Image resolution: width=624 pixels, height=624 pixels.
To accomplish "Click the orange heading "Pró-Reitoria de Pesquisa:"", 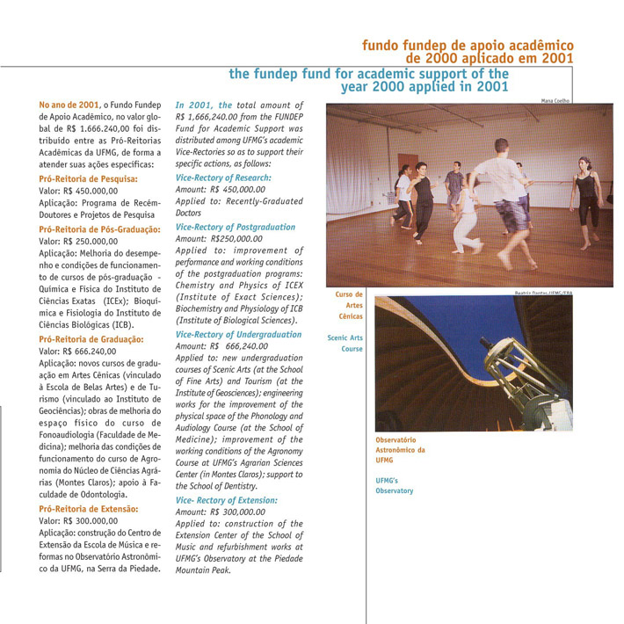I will point(88,178).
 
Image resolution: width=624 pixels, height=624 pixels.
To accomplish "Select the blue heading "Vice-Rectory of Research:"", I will point(223,178).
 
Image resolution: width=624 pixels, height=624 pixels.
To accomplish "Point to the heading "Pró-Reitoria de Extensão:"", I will point(89,509).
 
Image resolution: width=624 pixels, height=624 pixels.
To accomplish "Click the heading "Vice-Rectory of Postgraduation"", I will point(236,227).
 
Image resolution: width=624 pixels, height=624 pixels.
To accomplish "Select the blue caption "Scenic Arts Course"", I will point(345,343).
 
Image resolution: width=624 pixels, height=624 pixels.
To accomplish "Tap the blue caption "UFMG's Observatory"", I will point(394,484).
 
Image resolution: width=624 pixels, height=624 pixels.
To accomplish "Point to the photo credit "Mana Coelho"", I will point(555,100).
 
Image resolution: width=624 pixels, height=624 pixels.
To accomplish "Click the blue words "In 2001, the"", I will point(204,105).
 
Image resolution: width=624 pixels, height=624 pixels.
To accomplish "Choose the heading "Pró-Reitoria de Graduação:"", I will point(91,338).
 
